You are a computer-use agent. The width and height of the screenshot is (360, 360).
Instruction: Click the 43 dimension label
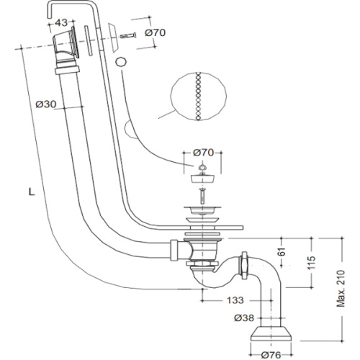61,23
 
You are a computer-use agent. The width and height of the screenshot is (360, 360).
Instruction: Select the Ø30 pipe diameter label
46,104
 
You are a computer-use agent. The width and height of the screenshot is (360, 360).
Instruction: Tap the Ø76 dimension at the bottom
271,355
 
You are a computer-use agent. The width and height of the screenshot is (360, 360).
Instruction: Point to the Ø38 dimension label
244,318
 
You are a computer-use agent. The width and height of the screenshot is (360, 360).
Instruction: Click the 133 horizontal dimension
235,300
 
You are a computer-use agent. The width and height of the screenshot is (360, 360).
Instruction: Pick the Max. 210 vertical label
341,289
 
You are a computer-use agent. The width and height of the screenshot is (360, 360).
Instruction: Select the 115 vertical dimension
311,263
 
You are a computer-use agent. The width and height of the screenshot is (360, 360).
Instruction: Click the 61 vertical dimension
282,252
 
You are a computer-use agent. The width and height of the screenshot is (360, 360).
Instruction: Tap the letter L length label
32,192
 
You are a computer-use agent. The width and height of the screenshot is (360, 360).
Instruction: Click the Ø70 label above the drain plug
203,153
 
